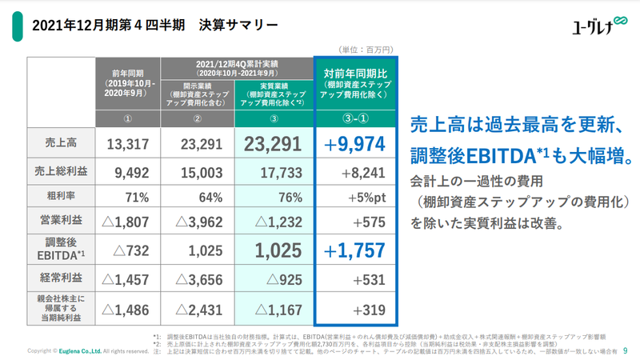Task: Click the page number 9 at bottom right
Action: coord(625,350)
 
